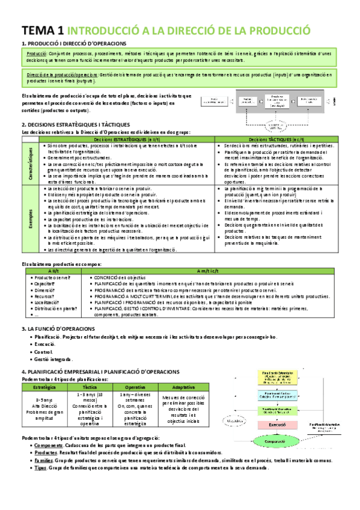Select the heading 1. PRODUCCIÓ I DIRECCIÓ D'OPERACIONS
point(73,44)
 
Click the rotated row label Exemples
point(31,219)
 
